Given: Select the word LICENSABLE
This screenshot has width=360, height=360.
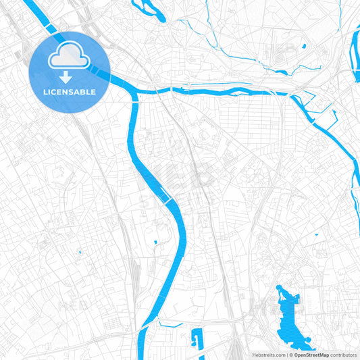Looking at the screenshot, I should tap(69, 91).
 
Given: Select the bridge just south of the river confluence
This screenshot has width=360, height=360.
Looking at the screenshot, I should tap(134, 99).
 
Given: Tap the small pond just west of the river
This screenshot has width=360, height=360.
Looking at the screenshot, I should tap(155, 241).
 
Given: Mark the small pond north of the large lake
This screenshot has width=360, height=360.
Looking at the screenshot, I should tap(315, 234).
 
